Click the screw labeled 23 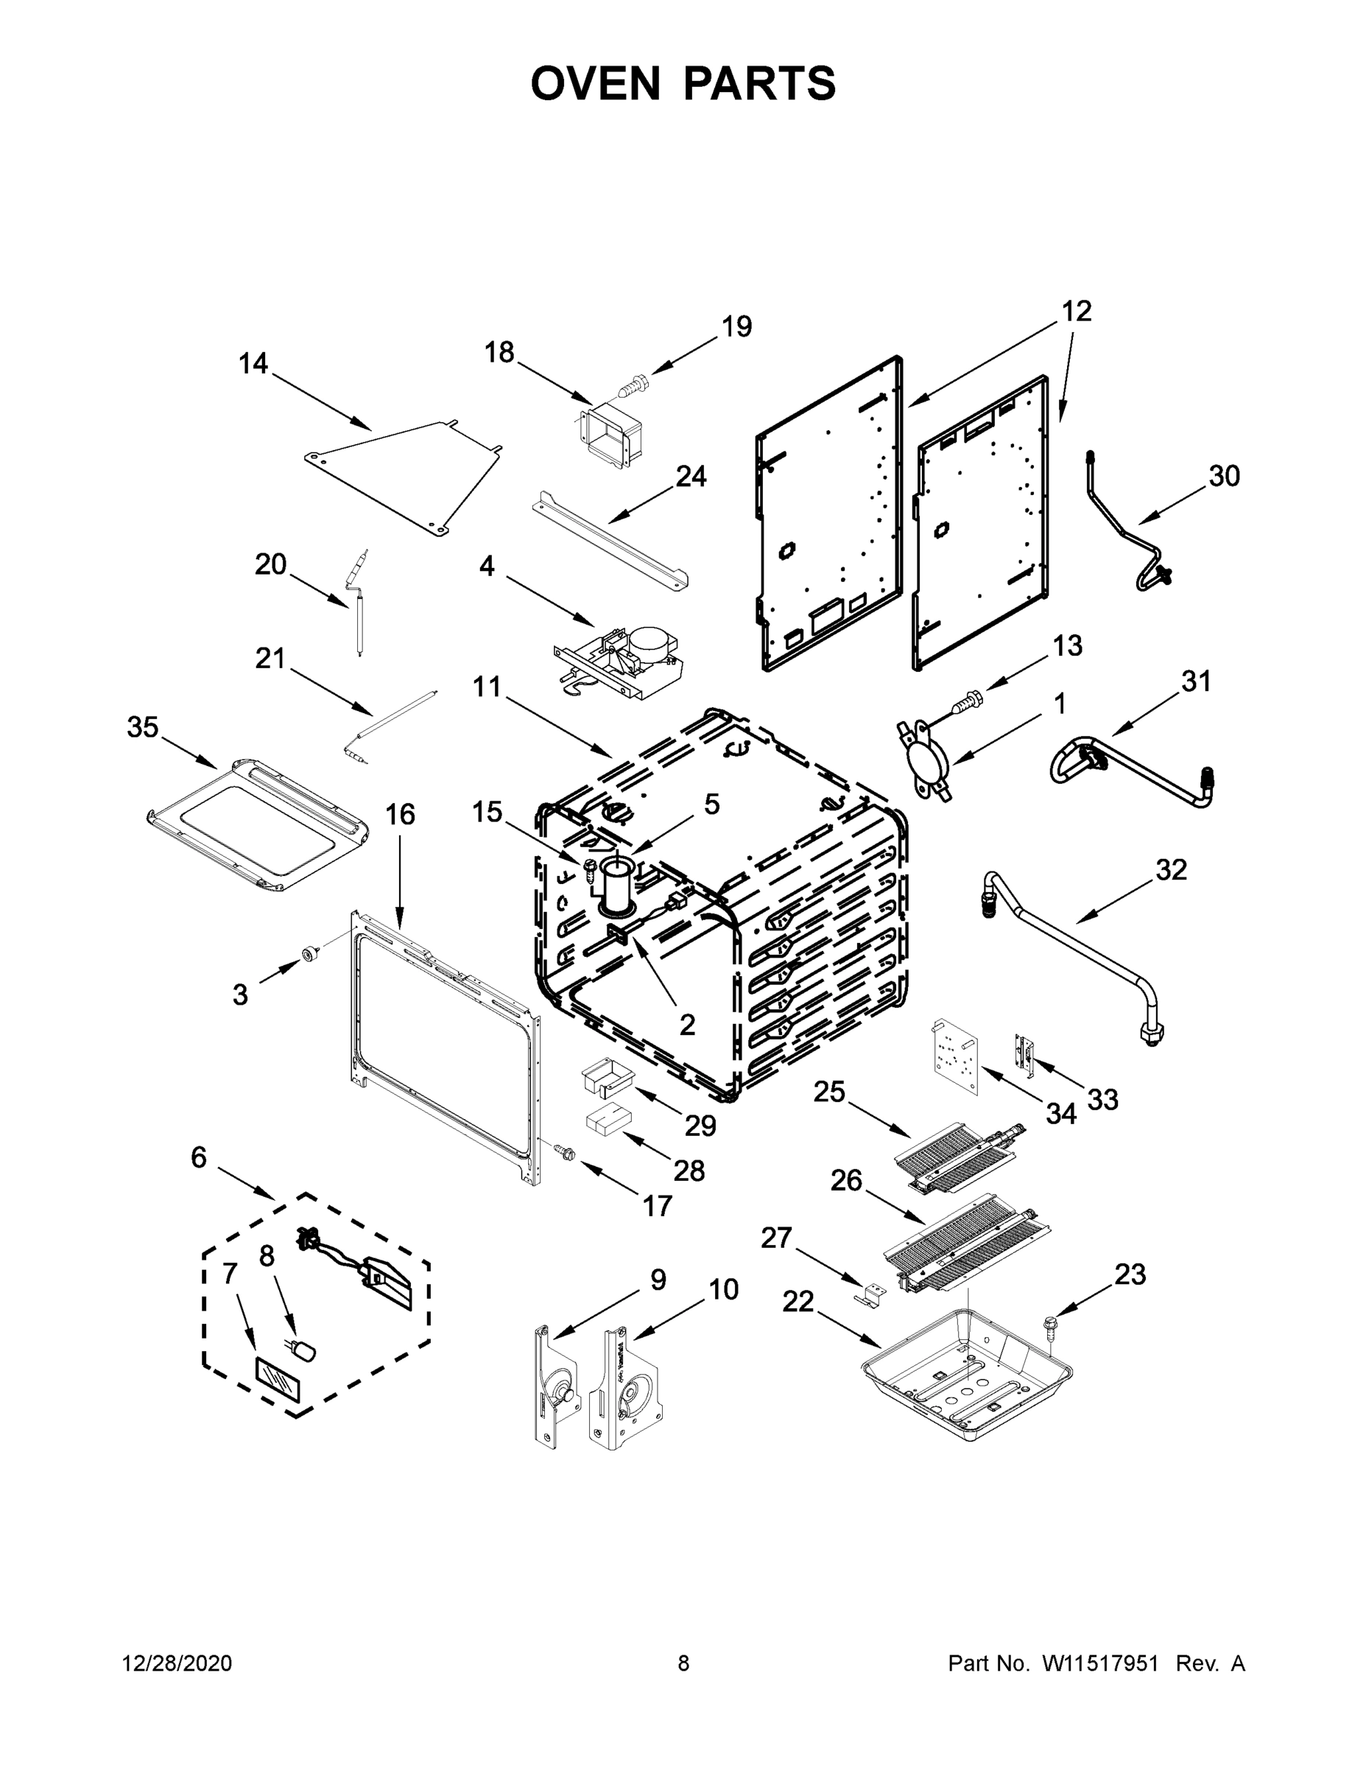click(x=1052, y=1325)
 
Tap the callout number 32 click(x=1171, y=870)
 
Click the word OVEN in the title click(x=596, y=83)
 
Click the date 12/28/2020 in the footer click(x=177, y=1663)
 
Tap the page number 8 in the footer click(x=683, y=1663)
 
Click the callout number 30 click(x=1225, y=476)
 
